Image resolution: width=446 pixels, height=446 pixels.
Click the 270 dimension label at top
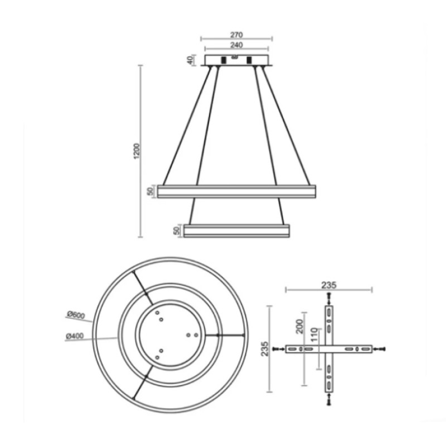(x=236, y=35)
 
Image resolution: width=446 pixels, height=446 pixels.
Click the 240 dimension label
(x=236, y=45)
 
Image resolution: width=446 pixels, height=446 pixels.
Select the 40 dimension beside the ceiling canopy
(x=190, y=60)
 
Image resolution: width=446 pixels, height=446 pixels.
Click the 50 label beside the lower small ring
(x=176, y=230)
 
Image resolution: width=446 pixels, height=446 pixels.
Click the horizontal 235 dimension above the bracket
(x=329, y=284)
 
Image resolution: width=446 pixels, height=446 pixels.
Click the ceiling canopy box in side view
(x=236, y=60)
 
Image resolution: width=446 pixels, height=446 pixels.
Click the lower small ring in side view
(x=236, y=230)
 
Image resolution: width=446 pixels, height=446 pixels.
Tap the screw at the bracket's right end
(x=381, y=349)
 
